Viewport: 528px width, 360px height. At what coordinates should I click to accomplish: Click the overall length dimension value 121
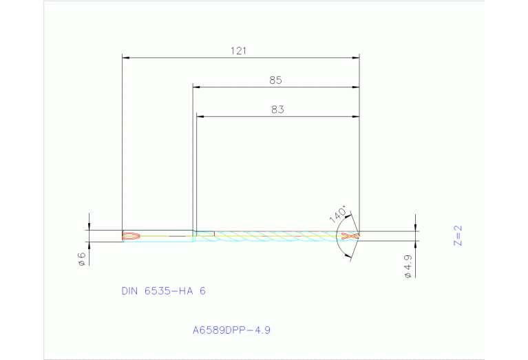pos(240,50)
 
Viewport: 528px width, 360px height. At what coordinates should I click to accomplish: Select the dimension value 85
pos(275,80)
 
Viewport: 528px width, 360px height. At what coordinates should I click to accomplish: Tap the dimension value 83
pos(277,109)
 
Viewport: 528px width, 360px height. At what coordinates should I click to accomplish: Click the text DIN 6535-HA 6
pos(163,291)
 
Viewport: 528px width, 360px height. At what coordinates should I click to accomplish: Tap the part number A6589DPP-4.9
pos(231,330)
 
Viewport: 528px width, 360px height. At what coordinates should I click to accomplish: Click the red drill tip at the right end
pos(350,236)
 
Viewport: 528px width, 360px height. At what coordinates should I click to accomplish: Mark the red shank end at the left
pos(131,236)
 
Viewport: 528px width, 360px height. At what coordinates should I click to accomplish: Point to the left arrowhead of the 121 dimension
pos(125,58)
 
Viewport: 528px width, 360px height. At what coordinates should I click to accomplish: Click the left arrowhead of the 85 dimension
pos(196,87)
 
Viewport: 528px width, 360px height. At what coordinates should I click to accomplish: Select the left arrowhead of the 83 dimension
pos(200,116)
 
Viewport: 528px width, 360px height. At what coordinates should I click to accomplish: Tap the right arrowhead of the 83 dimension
pos(355,116)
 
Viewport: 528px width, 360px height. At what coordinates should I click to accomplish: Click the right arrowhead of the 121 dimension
pos(355,58)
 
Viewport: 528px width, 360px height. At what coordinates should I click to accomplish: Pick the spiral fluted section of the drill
pos(275,236)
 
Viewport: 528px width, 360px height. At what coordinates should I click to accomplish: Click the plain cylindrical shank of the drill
pos(165,236)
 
